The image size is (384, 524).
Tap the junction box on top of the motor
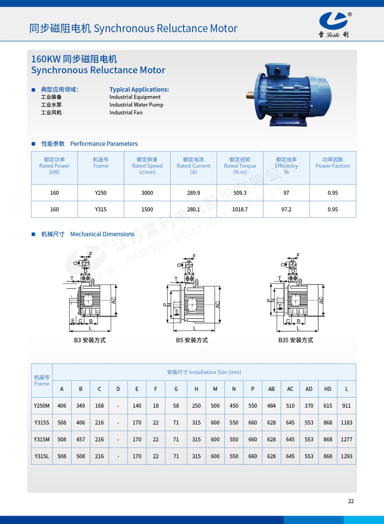277,70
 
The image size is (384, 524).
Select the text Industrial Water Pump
136,105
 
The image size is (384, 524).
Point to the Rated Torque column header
240,166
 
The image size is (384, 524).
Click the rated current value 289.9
193,193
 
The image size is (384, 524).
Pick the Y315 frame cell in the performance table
101,209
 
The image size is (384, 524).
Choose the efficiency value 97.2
286,209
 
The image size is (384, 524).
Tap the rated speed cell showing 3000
147,193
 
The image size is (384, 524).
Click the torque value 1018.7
240,209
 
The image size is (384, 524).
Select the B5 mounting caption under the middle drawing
192,340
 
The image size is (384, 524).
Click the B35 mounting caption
295,340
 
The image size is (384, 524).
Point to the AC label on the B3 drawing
114,300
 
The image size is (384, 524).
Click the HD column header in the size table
328,389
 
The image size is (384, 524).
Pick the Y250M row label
42,406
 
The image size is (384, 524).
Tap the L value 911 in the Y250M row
346,406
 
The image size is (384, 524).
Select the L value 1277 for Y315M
346,440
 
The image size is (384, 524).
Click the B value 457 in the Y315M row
81,440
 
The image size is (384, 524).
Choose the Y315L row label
42,456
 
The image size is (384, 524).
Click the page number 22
351,501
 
